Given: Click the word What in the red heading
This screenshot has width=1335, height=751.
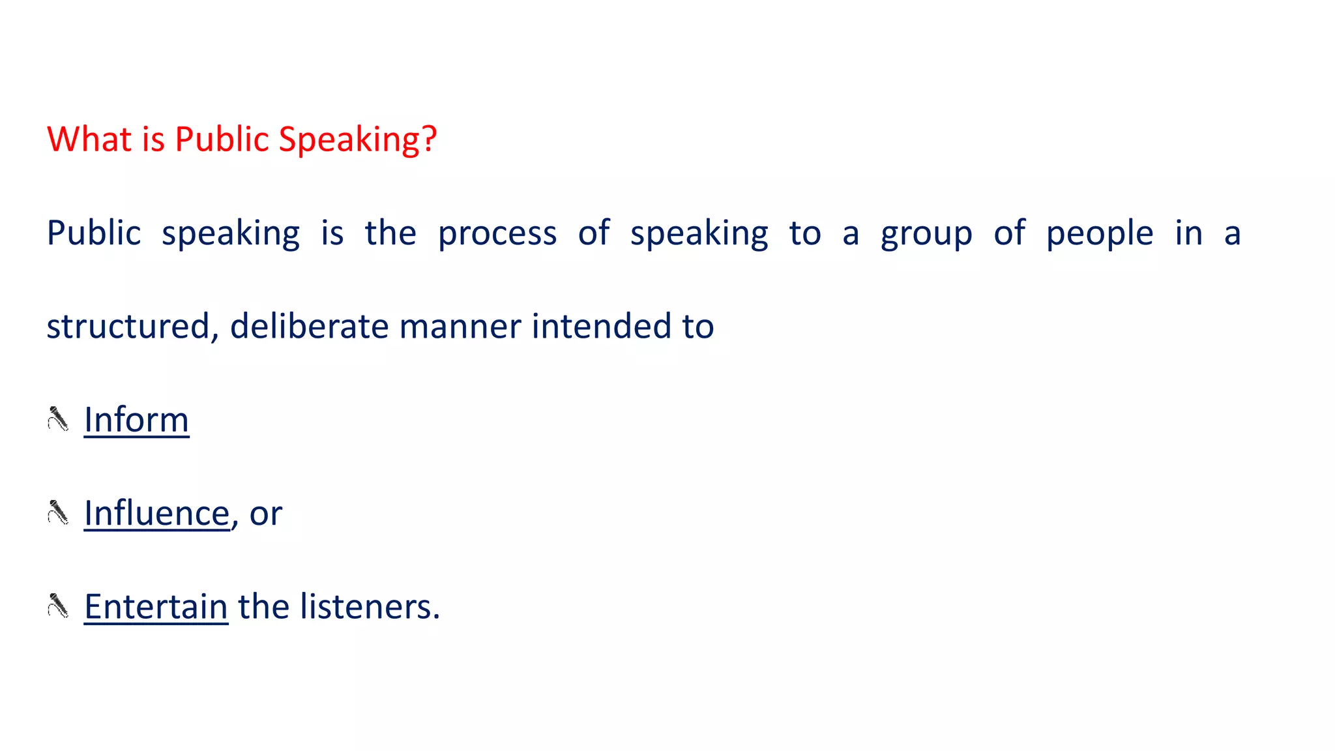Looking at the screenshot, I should point(89,139).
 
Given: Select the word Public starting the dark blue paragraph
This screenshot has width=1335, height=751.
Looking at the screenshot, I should point(94,233).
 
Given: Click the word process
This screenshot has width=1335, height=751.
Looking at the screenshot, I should point(497,234).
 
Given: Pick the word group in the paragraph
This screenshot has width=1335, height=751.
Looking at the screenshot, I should point(926,234).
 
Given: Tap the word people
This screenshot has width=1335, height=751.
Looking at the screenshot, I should point(1100,234).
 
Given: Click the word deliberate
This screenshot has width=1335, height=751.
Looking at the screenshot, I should point(309,326).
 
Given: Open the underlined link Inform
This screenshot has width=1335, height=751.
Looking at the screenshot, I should point(136,419).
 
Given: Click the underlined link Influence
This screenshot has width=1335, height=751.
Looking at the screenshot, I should point(156,513).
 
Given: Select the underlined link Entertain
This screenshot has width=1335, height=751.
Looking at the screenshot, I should point(156,606).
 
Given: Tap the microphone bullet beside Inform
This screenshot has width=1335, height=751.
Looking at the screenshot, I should point(58,419).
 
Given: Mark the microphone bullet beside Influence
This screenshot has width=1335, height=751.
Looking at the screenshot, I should point(58,512).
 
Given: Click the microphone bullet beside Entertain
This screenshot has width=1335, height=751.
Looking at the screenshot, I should point(58,606).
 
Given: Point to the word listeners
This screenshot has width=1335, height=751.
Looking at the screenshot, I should point(370,606).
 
